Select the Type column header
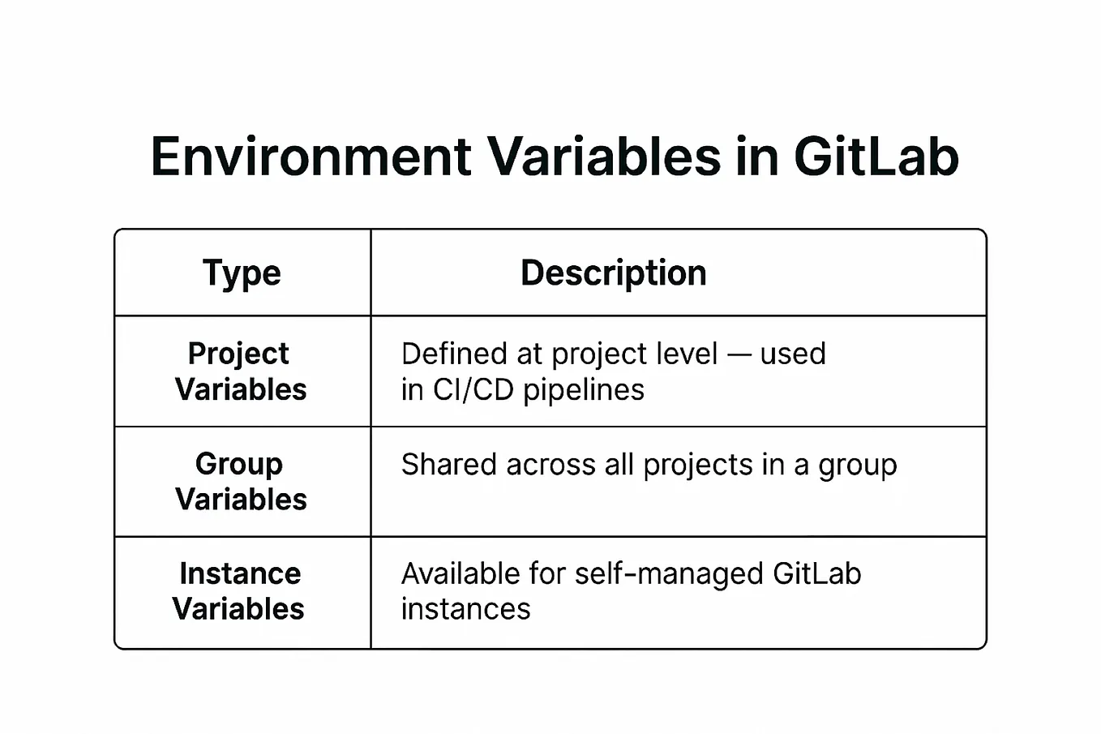(x=242, y=273)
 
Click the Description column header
(x=613, y=273)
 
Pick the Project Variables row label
(x=241, y=371)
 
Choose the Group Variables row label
(x=241, y=481)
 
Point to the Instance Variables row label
(x=239, y=591)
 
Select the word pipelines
(x=584, y=390)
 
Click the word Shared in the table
(x=448, y=465)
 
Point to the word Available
(x=460, y=574)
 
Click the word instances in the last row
(x=465, y=609)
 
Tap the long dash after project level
(x=739, y=354)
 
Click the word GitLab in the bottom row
(x=816, y=574)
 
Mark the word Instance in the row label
(x=240, y=573)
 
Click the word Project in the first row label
(x=238, y=354)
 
